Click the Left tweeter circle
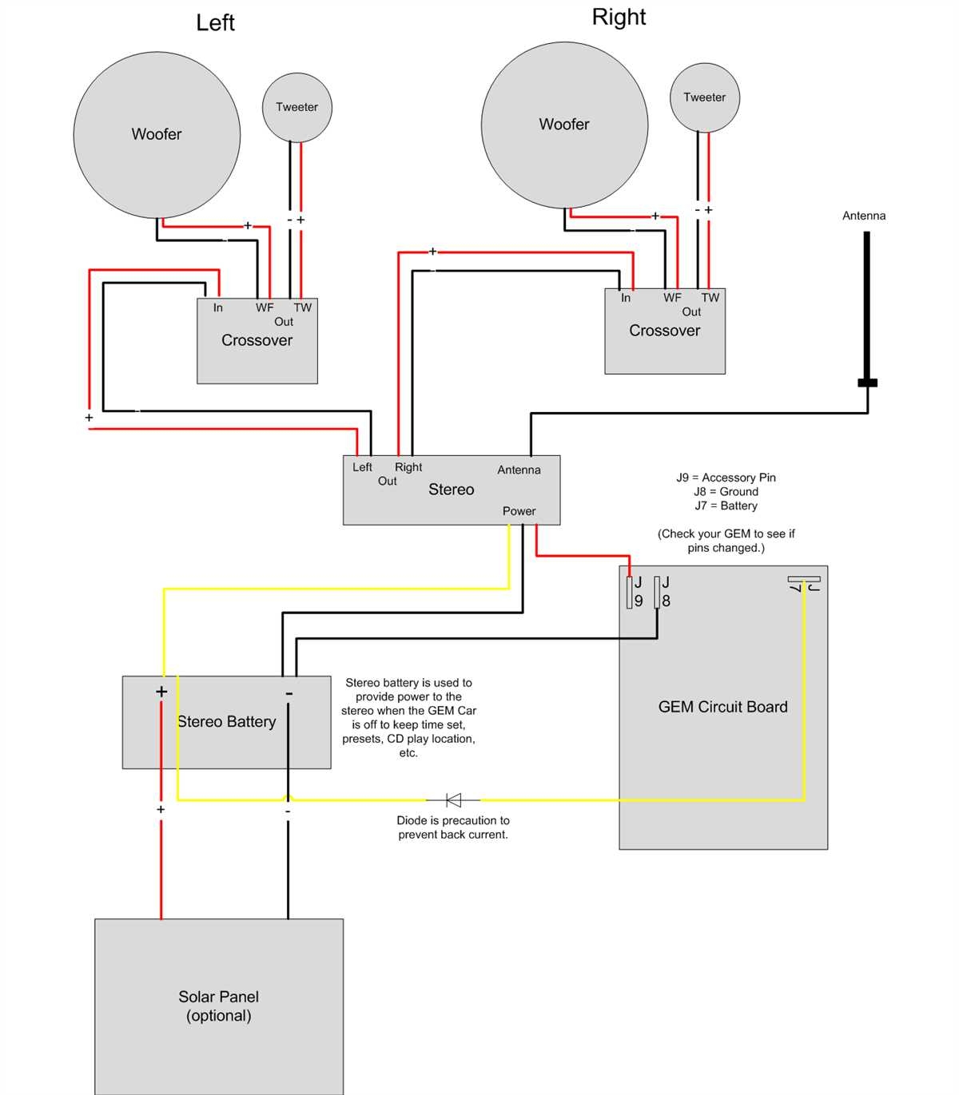[296, 107]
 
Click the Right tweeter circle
[704, 97]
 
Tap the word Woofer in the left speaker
[157, 134]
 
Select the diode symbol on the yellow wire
[453, 799]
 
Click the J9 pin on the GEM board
[630, 592]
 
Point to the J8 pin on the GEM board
[657, 592]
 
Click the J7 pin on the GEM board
[803, 579]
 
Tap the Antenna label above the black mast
[864, 216]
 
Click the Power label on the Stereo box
[519, 511]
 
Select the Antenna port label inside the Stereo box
[519, 470]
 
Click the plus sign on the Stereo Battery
[161, 692]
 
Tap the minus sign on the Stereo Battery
[288, 693]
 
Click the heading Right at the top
[619, 18]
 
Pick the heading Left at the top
[215, 23]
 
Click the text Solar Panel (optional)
[218, 1006]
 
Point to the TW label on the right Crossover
[710, 298]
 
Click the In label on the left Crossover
[217, 307]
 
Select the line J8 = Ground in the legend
[726, 492]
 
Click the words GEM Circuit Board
[722, 707]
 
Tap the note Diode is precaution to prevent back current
[453, 827]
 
